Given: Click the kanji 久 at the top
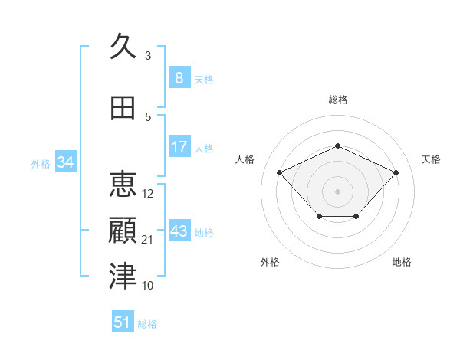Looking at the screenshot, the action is coord(123,46).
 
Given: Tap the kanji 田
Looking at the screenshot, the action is coord(123,108).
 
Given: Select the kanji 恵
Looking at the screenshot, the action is coord(123,184).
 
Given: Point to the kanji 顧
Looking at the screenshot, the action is coord(123,231).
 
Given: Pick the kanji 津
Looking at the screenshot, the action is coord(123,276).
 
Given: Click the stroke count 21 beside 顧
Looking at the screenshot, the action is coord(146,240).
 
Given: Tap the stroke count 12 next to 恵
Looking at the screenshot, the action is coord(147,194).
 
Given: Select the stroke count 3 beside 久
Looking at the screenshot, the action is coord(148,56).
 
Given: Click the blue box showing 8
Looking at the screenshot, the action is coord(179,77).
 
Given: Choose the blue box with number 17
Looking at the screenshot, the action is coord(179,146).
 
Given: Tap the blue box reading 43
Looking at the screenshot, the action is coord(179,230).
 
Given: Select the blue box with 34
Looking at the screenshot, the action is coord(66,162).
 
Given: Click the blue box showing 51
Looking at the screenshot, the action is coord(123,321).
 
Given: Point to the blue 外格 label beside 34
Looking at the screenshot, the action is coord(41,164).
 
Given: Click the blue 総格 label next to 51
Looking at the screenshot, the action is coord(147,324).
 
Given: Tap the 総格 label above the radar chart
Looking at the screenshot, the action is coord(338,100).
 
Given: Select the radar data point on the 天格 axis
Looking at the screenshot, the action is coord(396,172).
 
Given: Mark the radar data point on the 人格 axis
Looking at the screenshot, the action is coord(279,172).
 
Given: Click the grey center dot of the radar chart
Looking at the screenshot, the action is coord(337,191).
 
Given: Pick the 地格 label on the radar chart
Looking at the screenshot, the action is coord(402,262).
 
